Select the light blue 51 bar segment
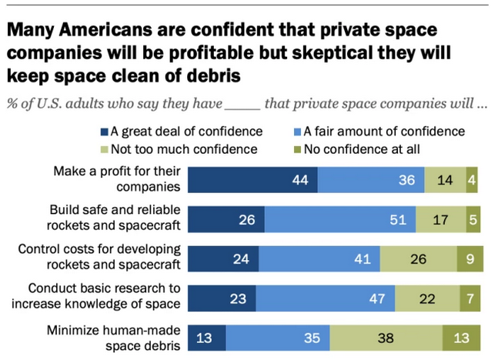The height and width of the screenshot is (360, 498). tap(339, 219)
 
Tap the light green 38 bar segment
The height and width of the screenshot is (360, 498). tap(386, 338)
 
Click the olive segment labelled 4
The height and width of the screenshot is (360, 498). tap(471, 180)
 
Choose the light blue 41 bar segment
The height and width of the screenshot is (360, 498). tap(319, 258)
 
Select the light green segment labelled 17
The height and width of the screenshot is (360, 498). tap(441, 219)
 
